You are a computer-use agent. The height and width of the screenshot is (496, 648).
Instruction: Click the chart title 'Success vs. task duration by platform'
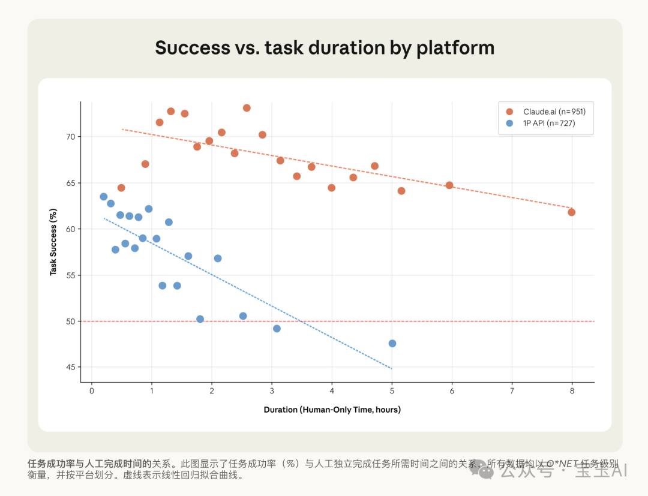pos(325,47)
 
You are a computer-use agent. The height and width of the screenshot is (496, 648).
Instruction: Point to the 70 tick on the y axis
pos(71,137)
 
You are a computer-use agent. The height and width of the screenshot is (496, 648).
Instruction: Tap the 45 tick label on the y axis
pos(71,368)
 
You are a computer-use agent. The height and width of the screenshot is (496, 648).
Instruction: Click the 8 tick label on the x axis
pos(572,391)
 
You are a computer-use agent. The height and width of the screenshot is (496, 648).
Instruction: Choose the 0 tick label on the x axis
pos(92,391)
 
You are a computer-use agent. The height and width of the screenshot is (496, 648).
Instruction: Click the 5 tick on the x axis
pos(392,391)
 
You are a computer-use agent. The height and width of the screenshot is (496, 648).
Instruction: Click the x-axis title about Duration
pos(332,410)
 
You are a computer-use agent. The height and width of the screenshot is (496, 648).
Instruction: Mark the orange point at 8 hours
pos(571,212)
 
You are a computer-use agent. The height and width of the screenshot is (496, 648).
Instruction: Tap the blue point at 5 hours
pos(392,344)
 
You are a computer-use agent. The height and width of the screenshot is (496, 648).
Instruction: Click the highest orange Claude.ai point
pos(247,108)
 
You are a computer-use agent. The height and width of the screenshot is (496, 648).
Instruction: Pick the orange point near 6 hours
pos(449,185)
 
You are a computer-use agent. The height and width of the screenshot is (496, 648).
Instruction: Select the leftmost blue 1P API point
pos(104,197)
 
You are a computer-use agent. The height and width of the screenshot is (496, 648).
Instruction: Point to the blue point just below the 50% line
pos(277,329)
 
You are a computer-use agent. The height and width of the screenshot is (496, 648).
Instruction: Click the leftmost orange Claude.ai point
pos(121,188)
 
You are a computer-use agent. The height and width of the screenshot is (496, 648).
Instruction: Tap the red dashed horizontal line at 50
pos(480,321)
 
